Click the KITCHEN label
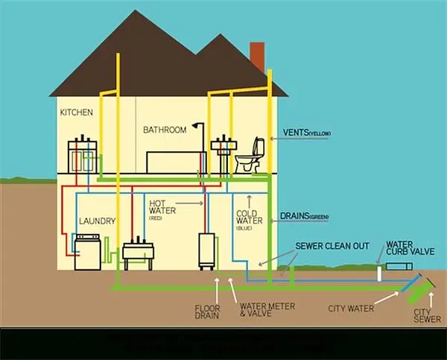77,113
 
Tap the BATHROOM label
165,130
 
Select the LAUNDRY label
97,221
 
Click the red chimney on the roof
257,57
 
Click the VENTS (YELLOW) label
306,133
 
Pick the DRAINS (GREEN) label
305,217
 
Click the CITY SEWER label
423,315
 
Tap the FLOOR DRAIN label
206,311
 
